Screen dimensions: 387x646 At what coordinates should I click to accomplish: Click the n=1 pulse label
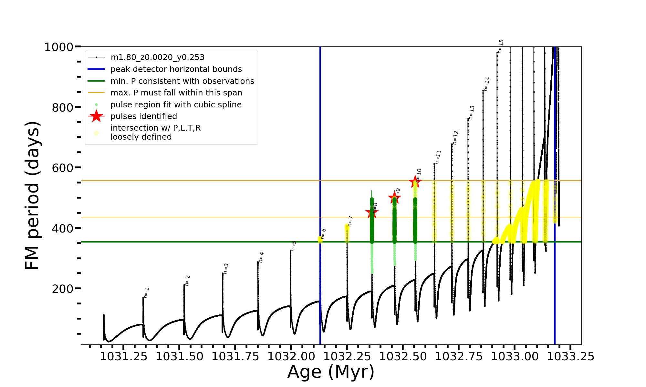point(146,293)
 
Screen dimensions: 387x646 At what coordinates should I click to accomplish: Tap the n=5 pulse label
point(294,246)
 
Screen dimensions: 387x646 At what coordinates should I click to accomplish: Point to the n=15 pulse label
point(501,46)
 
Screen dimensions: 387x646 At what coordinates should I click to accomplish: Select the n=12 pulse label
point(455,137)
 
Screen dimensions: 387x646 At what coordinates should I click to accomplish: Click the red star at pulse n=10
point(415,182)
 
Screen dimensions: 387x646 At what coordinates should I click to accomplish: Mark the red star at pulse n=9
point(394,197)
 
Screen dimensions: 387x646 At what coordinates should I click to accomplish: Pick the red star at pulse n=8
point(372,213)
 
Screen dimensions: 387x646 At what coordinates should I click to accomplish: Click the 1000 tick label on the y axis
point(58,47)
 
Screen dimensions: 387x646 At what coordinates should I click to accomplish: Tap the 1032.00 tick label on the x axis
point(291,356)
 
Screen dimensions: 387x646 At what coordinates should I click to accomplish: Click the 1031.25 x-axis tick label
point(123,356)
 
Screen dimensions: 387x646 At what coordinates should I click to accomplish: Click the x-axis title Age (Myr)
point(331,372)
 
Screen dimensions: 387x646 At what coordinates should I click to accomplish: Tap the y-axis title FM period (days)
point(32,195)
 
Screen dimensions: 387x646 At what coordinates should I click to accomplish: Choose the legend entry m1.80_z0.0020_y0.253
point(157,57)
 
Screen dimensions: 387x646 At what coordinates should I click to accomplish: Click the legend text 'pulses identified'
point(144,116)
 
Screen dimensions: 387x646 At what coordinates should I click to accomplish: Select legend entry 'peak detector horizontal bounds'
point(176,69)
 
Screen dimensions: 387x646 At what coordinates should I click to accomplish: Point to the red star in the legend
point(96,116)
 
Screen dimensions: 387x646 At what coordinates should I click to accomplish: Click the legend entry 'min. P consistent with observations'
point(182,81)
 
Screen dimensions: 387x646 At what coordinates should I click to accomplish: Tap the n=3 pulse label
point(226,269)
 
